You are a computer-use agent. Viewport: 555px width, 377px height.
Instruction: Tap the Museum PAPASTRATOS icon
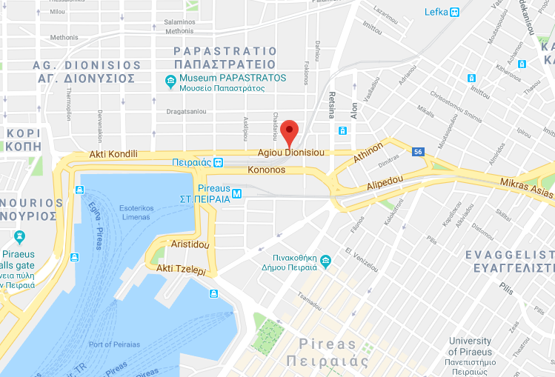171,81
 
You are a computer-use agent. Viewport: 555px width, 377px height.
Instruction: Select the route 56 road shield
419,152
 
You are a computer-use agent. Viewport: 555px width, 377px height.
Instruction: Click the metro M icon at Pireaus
236,194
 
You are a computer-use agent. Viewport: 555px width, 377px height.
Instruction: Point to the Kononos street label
265,170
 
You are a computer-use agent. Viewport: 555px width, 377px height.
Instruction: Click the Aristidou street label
190,244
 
